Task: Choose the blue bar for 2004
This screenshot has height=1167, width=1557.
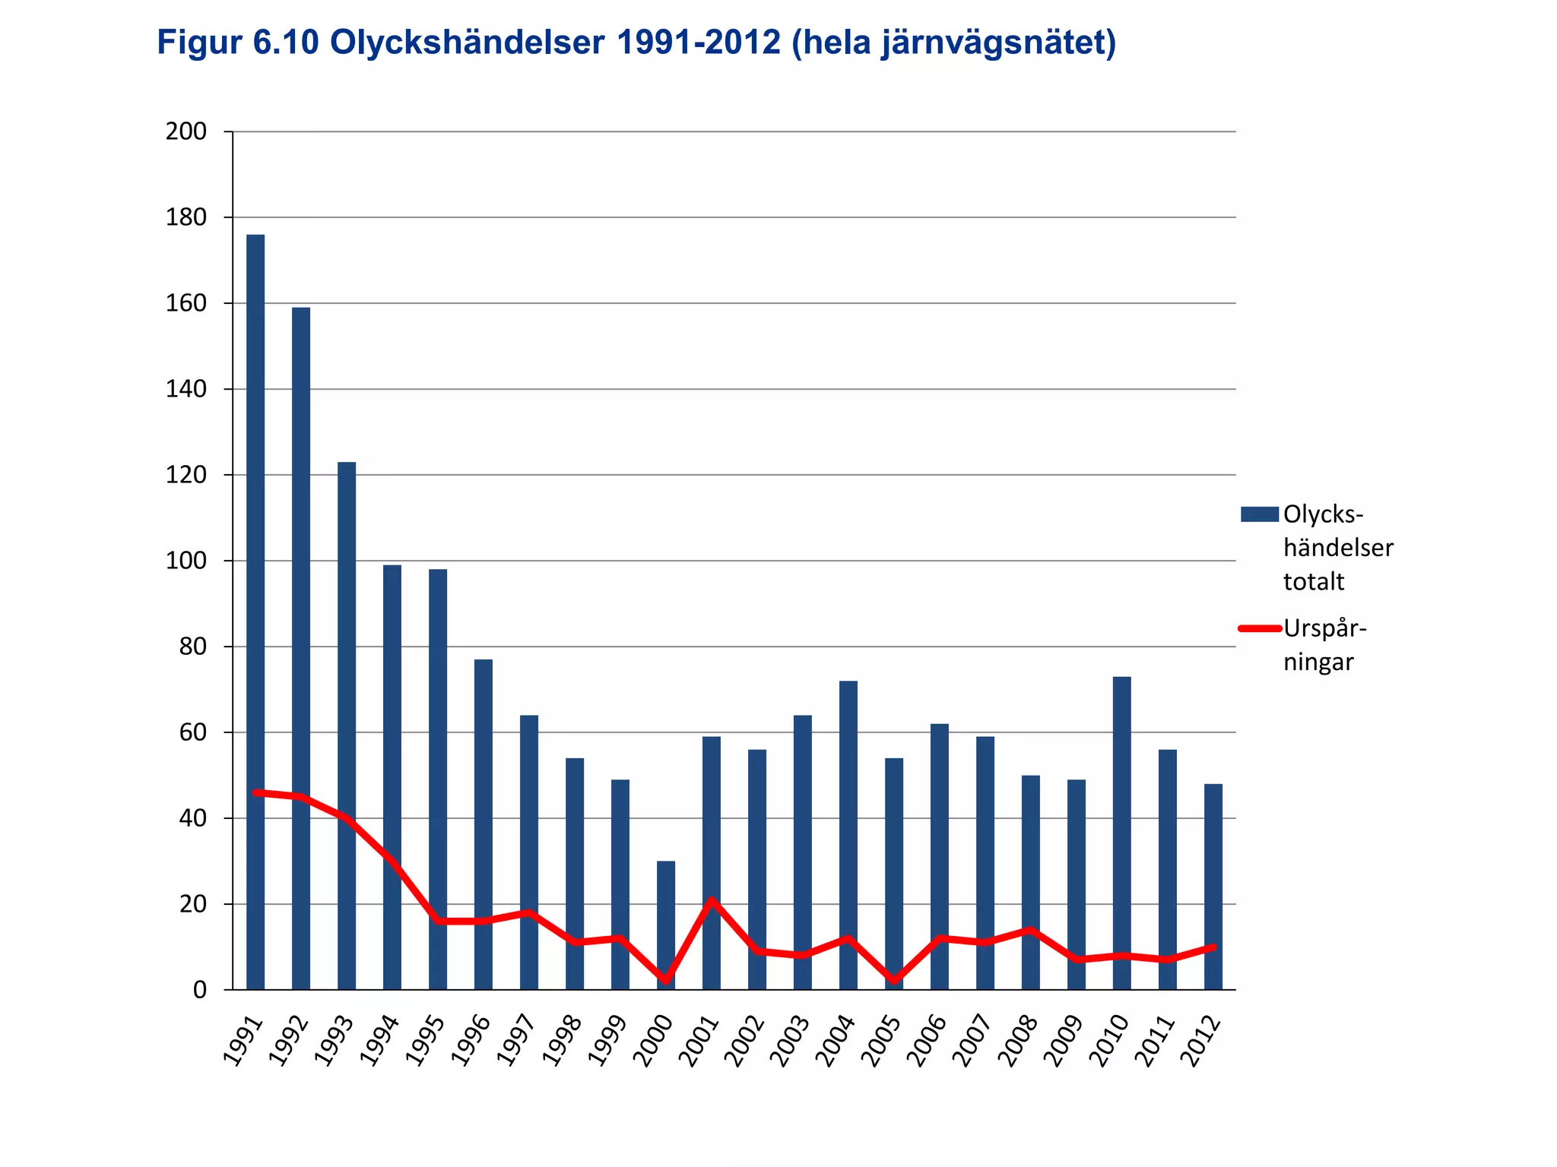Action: [x=848, y=835]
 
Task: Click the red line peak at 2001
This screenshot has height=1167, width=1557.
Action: [x=712, y=900]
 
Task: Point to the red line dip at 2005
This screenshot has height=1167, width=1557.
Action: [x=894, y=981]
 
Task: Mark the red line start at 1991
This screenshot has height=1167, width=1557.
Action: [x=255, y=792]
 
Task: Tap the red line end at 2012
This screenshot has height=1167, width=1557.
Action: [x=1213, y=947]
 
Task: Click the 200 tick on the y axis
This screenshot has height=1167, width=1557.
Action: [x=186, y=131]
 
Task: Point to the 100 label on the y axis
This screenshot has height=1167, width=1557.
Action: [x=186, y=561]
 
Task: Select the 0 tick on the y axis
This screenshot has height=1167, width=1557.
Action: [x=200, y=990]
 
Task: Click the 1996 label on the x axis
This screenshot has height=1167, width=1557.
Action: [x=472, y=1041]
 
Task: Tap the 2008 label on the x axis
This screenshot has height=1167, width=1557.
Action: [x=1019, y=1041]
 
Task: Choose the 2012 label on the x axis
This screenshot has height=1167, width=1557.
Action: [x=1201, y=1041]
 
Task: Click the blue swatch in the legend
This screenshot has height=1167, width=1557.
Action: [x=1259, y=514]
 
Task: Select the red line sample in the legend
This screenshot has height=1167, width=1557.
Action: [x=1260, y=628]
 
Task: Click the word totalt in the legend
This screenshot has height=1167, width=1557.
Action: [x=1314, y=581]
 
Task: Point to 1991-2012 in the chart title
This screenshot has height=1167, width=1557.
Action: [x=698, y=43]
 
